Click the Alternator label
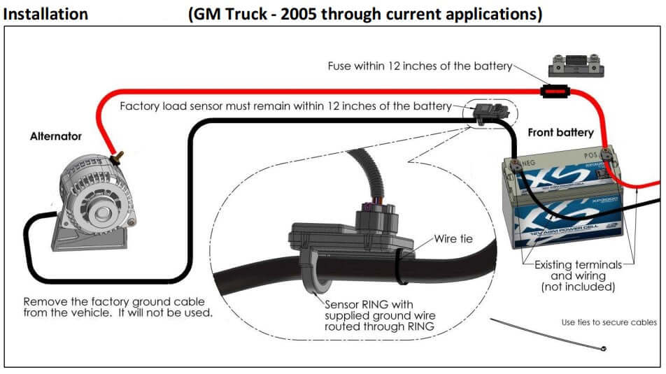[56, 137]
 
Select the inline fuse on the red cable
[553, 91]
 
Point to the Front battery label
[560, 133]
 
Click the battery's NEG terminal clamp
[516, 165]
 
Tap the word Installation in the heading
[46, 14]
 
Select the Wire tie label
[453, 238]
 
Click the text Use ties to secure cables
[609, 322]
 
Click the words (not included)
[578, 287]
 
